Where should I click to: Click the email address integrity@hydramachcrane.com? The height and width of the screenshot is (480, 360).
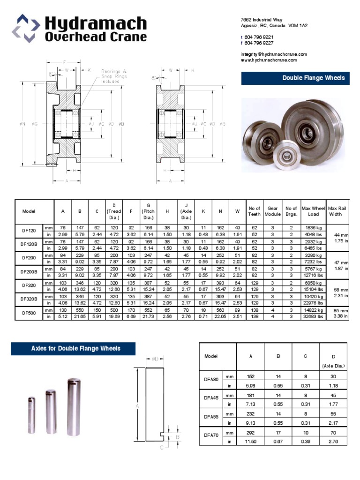[274, 54]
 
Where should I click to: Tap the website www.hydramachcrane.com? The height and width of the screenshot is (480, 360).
[269, 60]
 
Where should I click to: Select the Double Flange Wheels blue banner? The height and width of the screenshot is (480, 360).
[295, 78]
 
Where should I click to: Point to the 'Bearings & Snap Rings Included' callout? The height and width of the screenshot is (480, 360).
[114, 76]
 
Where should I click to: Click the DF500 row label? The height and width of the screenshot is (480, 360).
[29, 313]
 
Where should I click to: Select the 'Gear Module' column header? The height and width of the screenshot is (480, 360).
[273, 211]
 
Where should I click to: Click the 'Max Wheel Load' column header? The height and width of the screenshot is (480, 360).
[313, 211]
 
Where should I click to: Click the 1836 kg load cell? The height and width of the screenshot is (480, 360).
[313, 227]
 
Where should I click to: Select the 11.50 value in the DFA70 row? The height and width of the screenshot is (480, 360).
[250, 442]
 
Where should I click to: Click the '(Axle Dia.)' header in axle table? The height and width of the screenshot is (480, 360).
[333, 366]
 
